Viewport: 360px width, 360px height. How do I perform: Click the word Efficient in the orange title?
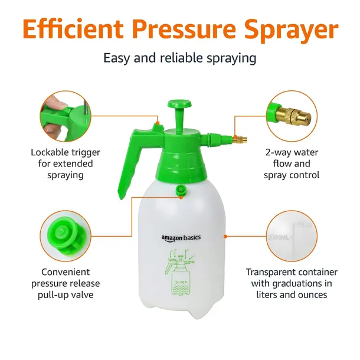pos(73,30)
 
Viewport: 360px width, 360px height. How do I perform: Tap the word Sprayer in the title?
pos(291,31)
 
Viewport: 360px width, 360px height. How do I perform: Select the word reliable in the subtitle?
pos(181,58)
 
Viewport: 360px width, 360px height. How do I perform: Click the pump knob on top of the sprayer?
pos(179,104)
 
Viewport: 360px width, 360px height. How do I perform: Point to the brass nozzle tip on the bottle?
pos(240,139)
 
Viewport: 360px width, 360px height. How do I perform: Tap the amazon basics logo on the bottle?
pos(181,238)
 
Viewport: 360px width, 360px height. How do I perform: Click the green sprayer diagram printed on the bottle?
pos(180,272)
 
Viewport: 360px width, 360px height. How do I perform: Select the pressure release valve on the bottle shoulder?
pos(181,191)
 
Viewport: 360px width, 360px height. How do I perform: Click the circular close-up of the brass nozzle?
pos(292,116)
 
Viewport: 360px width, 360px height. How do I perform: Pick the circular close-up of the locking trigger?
pos(66,116)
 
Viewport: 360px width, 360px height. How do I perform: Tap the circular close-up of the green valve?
pos(66,236)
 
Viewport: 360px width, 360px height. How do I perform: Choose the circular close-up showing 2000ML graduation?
pos(292,236)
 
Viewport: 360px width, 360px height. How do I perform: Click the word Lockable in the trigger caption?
pos(50,152)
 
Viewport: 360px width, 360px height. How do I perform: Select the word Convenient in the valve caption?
pos(66,272)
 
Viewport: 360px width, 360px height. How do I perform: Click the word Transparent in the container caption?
pos(270,272)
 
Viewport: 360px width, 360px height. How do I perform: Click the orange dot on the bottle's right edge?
pos(225,236)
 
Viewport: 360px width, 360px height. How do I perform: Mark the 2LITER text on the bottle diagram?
pos(181,282)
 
